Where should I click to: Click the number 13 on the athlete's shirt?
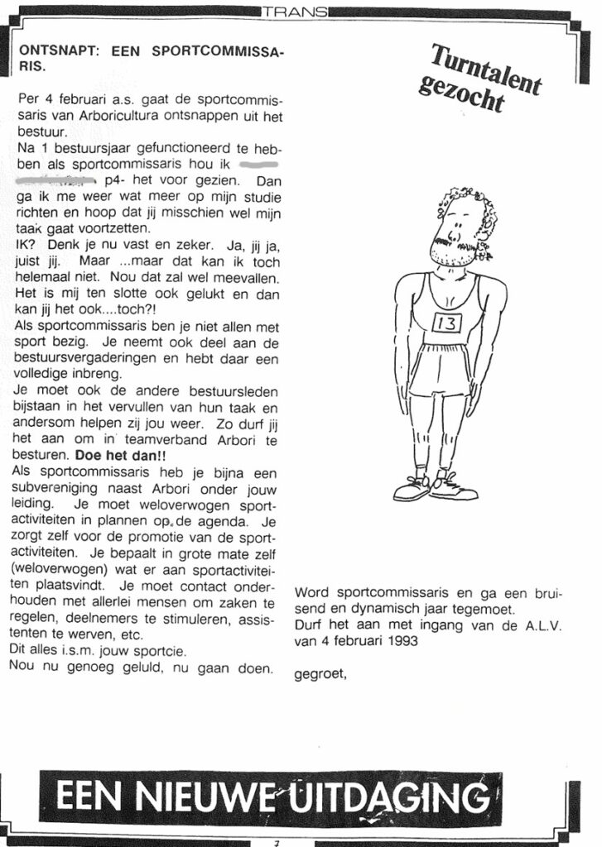[x=445, y=323]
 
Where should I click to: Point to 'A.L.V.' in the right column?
[x=542, y=625]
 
